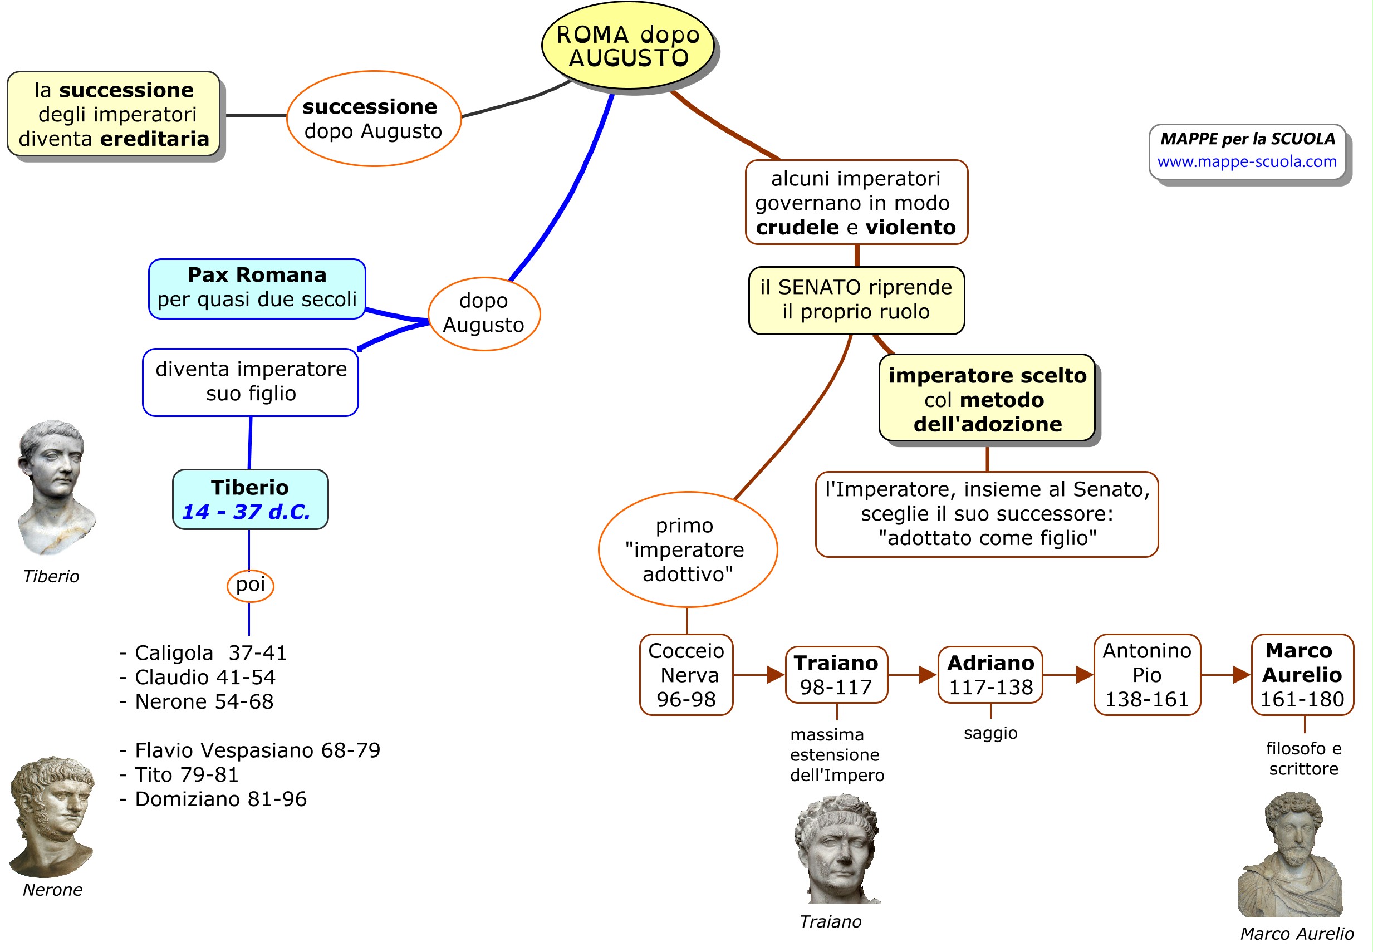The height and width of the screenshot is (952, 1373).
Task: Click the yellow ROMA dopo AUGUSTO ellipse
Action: point(627,46)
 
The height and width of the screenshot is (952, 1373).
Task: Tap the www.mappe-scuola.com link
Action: point(1246,161)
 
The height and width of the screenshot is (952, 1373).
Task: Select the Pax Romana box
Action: point(257,288)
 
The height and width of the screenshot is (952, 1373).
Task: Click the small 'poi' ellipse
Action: point(250,585)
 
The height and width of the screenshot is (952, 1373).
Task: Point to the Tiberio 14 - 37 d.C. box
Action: point(250,499)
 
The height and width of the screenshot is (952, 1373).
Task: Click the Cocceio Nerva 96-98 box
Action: point(686,675)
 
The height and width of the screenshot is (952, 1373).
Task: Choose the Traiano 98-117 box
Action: point(836,675)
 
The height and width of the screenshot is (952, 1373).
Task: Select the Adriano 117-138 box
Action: point(990,675)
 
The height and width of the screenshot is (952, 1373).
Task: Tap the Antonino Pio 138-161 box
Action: point(1146,675)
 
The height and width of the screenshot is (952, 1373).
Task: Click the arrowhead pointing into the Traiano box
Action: point(776,675)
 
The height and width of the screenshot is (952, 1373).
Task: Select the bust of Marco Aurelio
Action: point(1292,856)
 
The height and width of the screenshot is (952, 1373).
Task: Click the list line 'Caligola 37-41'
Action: point(203,653)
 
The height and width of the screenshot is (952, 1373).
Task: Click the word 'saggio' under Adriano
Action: point(990,733)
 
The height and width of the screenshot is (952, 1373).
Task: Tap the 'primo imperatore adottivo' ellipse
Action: point(687,549)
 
